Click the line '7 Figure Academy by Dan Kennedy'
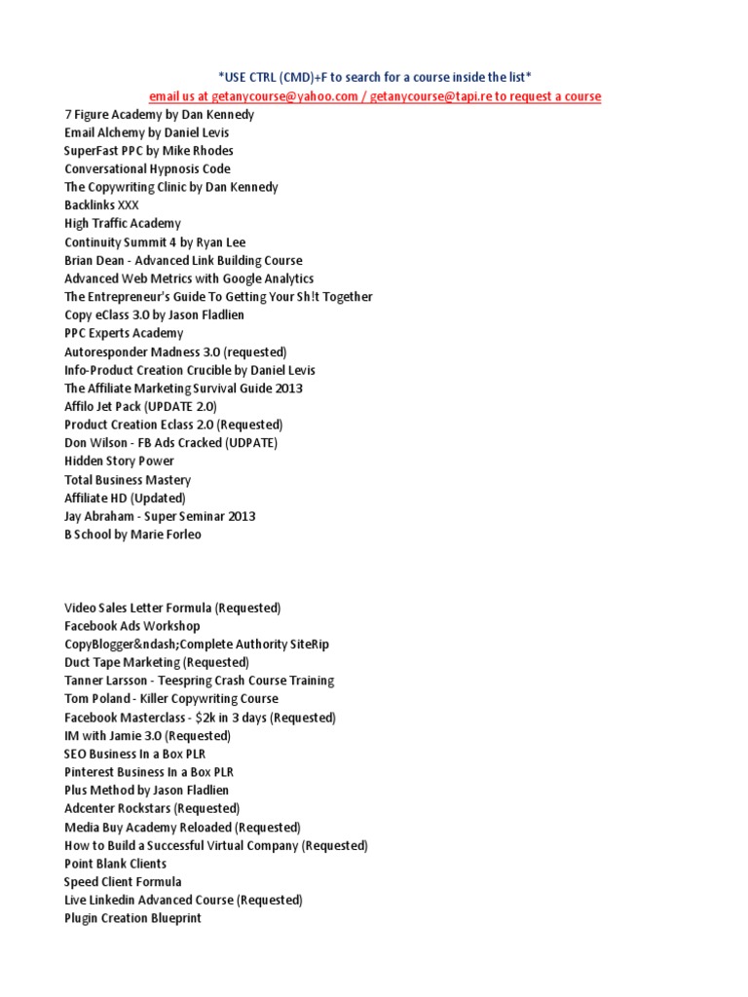pyautogui.click(x=160, y=114)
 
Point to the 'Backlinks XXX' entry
pyautogui.click(x=102, y=205)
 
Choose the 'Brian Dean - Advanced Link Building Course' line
pyautogui.click(x=183, y=260)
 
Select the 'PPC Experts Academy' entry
pyautogui.click(x=124, y=333)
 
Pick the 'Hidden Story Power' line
pyautogui.click(x=119, y=461)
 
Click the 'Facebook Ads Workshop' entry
pyautogui.click(x=132, y=626)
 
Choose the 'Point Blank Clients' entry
pyautogui.click(x=115, y=864)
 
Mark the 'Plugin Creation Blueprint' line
pyautogui.click(x=132, y=918)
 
